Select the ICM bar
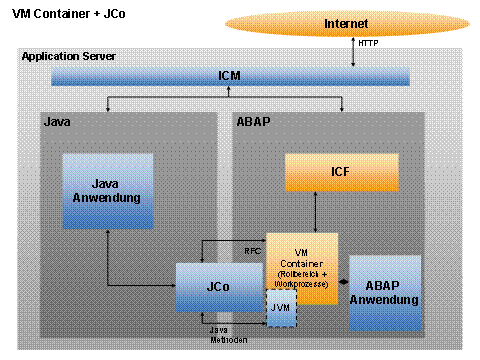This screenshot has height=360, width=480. click(x=228, y=76)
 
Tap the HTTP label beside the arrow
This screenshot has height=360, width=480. click(x=368, y=45)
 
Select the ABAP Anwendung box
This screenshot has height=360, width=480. click(x=384, y=293)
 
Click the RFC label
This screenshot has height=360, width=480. click(x=253, y=250)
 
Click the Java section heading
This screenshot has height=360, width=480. click(x=56, y=122)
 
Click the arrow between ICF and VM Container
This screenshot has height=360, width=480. click(x=316, y=212)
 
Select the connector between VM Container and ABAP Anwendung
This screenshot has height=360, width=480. click(x=343, y=284)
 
